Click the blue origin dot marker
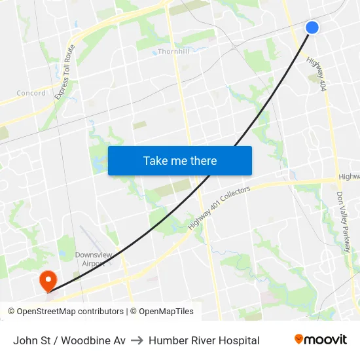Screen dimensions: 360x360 [312, 27]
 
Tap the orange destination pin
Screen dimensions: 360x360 [48, 281]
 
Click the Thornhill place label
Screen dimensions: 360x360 [173, 51]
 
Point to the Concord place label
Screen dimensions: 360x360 [31, 93]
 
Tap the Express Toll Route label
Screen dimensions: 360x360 [65, 72]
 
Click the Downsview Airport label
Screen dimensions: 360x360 [91, 259]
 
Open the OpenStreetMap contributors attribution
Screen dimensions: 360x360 [66, 312]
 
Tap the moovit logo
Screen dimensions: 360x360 [320, 340]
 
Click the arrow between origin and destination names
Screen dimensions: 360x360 [137, 340]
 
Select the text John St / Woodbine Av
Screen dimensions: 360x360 [69, 340]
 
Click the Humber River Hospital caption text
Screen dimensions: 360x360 [204, 340]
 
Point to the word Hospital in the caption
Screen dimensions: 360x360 [239, 340]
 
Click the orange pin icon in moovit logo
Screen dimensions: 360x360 [299, 339]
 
